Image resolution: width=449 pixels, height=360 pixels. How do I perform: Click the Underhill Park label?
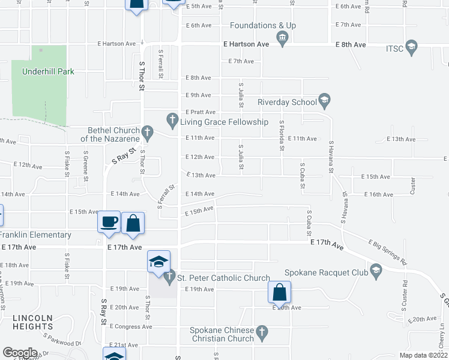48,71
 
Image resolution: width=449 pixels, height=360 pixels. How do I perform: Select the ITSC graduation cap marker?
411,46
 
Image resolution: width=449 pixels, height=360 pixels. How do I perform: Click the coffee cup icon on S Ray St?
109,222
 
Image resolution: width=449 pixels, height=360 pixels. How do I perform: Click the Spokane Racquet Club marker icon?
376,271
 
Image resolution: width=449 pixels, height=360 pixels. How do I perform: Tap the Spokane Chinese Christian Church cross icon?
261,332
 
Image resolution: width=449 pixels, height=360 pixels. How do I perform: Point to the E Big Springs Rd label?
388,252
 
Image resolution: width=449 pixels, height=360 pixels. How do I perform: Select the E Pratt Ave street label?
200,112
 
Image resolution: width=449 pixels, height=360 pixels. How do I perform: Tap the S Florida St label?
281,135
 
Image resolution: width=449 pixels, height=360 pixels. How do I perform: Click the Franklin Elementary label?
35,235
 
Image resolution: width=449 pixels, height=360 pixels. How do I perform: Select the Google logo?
20,353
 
